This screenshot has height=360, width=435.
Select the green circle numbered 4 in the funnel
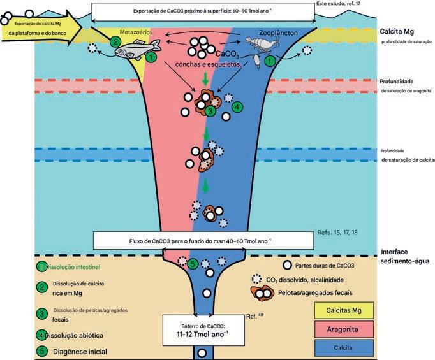click(x=237, y=107)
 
